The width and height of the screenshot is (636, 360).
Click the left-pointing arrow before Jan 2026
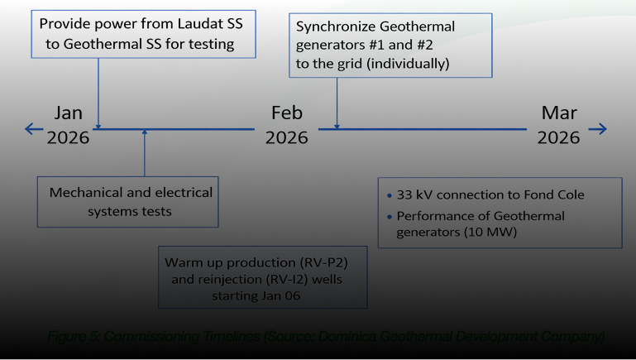(33, 128)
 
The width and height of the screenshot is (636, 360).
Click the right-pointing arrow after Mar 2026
(598, 128)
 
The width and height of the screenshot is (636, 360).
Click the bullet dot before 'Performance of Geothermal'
(390, 216)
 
